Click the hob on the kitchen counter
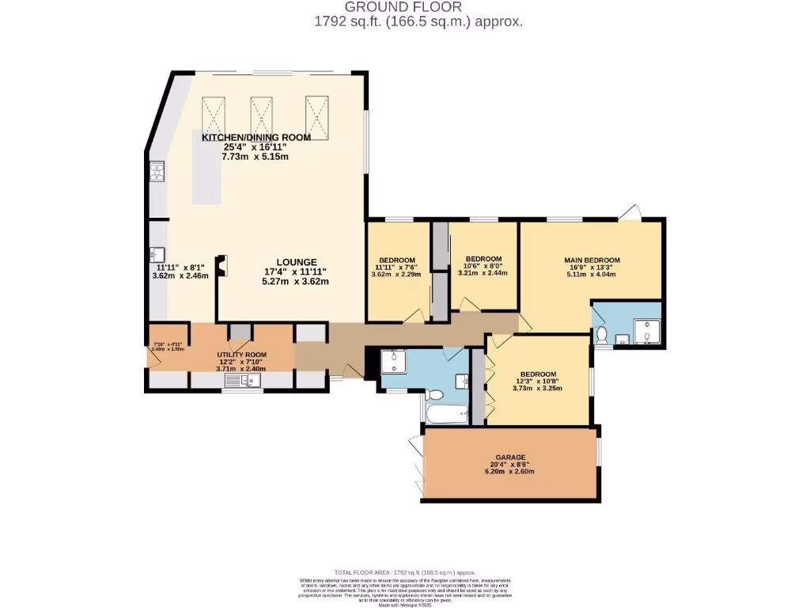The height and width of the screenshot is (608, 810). [x=157, y=172]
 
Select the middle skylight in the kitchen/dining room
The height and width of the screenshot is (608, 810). [x=261, y=116]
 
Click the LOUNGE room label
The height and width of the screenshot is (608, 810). [x=296, y=262]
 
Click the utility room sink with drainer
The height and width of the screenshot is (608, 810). [x=242, y=382]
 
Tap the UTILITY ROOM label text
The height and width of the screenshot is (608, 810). [x=243, y=355]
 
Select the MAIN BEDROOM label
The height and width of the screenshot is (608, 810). [x=591, y=260]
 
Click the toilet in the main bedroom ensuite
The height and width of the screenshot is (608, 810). [x=601, y=336]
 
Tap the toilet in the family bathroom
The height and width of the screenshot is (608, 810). [x=434, y=394]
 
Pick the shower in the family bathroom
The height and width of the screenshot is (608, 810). [x=393, y=362]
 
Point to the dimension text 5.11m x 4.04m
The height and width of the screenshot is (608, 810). [x=591, y=275]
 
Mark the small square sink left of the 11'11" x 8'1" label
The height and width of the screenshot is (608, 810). [x=157, y=254]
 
